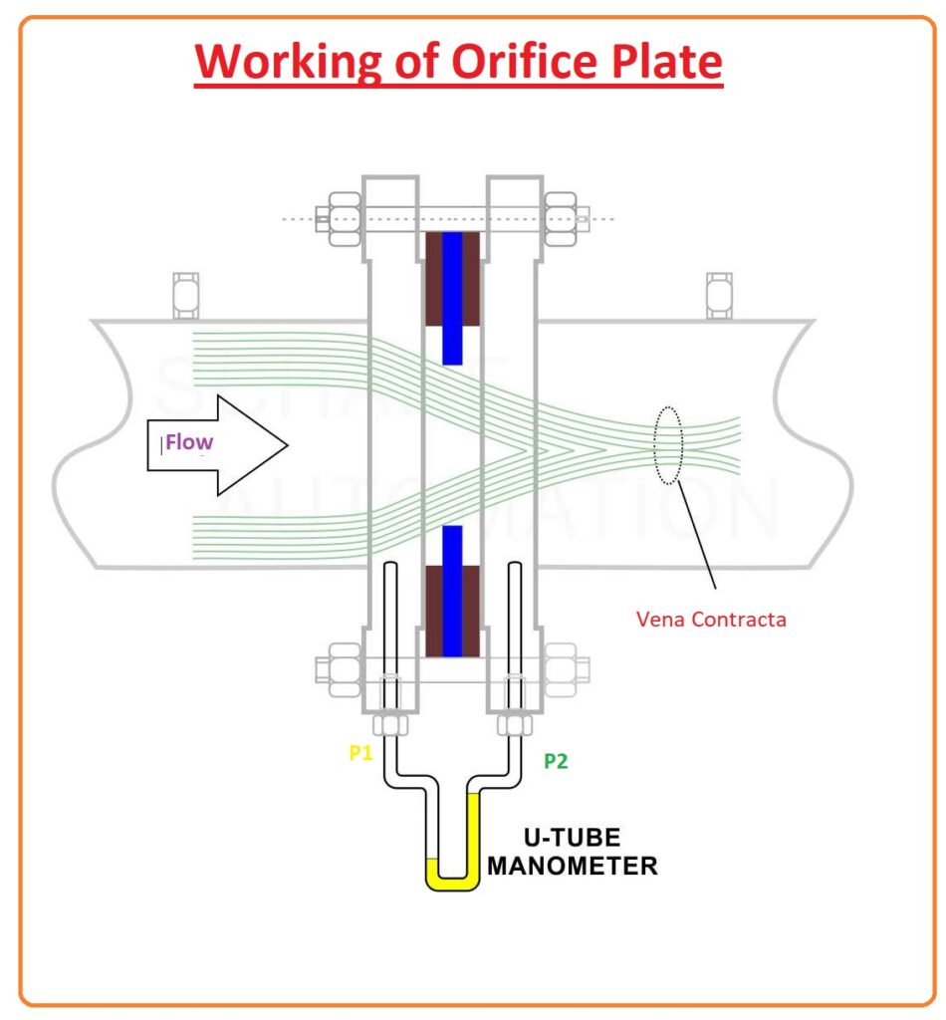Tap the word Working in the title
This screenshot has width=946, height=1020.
tap(266, 62)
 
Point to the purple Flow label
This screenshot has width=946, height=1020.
tap(189, 441)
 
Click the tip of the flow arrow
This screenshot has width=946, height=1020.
tap(287, 444)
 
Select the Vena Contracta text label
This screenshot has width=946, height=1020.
tap(711, 620)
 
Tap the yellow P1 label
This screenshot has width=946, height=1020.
tap(360, 753)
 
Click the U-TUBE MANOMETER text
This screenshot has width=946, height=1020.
tap(572, 851)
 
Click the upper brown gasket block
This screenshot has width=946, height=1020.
tap(452, 279)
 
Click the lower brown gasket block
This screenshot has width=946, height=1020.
tap(452, 612)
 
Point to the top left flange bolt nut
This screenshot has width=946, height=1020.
tap(340, 216)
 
